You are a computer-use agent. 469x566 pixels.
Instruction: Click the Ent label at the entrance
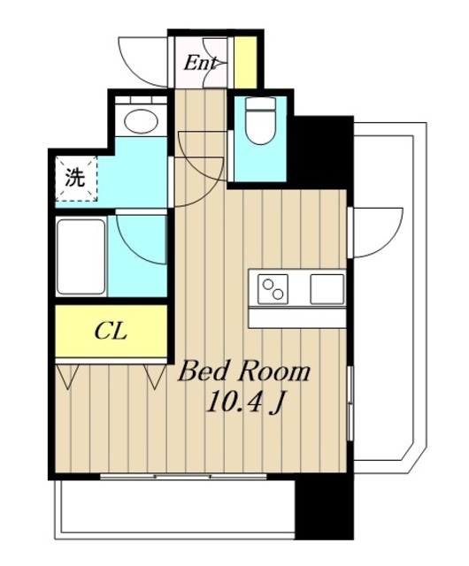200,64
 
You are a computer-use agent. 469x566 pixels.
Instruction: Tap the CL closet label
111,332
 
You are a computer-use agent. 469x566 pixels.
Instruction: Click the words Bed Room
244,372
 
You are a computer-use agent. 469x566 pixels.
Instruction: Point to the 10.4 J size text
244,402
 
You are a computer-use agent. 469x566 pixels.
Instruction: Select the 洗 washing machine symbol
76,179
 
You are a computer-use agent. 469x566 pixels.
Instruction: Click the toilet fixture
260,120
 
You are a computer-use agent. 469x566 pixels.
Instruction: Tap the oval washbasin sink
142,120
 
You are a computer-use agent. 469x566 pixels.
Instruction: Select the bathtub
81,256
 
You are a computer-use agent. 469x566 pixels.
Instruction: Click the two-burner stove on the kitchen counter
273,289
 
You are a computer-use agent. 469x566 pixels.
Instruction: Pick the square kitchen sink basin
327,289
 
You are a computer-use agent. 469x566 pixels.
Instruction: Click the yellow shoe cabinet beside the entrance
245,62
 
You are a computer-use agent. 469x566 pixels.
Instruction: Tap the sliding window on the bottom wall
183,477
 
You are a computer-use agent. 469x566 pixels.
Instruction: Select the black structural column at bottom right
324,508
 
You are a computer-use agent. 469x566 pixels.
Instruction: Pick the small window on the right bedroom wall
350,403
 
